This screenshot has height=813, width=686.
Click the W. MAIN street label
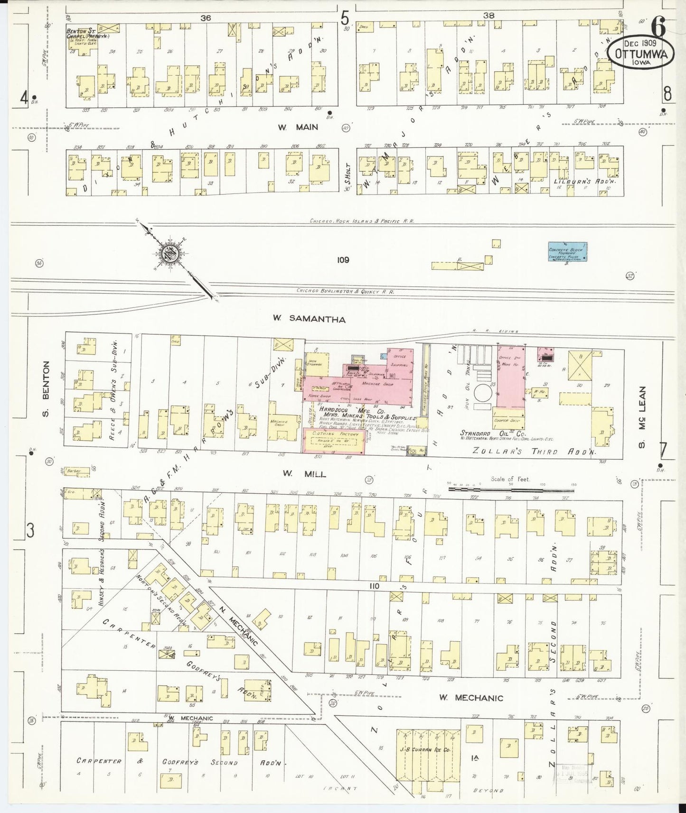click(298, 127)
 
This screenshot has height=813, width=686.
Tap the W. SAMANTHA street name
click(309, 320)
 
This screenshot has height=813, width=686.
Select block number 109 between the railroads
click(343, 260)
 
